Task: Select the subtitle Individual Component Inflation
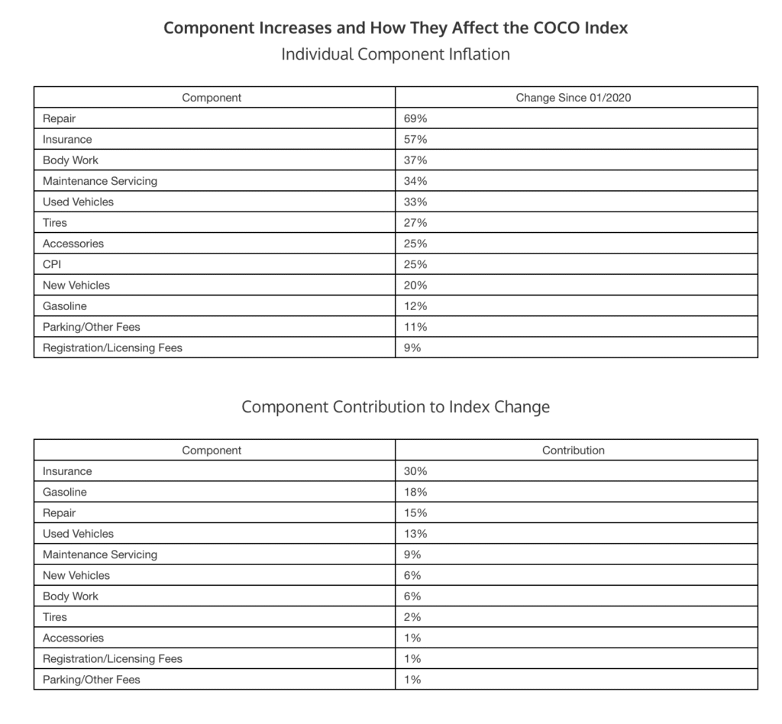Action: (396, 54)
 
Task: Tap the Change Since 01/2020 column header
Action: (574, 98)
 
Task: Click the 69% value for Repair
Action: (415, 118)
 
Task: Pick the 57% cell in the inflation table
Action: (415, 140)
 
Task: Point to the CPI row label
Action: (53, 264)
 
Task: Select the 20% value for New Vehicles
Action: (415, 285)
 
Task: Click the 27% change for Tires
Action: (415, 223)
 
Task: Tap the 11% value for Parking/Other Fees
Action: (415, 327)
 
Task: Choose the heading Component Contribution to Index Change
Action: (396, 406)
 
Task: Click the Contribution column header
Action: (574, 451)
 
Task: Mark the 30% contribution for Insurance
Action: (415, 471)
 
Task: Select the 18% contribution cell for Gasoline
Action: (415, 492)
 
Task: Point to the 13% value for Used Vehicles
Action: (415, 534)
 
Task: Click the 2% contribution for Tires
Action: (412, 616)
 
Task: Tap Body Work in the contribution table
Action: (70, 596)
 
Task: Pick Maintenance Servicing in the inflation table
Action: (99, 181)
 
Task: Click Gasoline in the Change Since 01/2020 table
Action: (65, 306)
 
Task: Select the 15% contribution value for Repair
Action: (415, 513)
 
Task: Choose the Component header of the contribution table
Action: (212, 451)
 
